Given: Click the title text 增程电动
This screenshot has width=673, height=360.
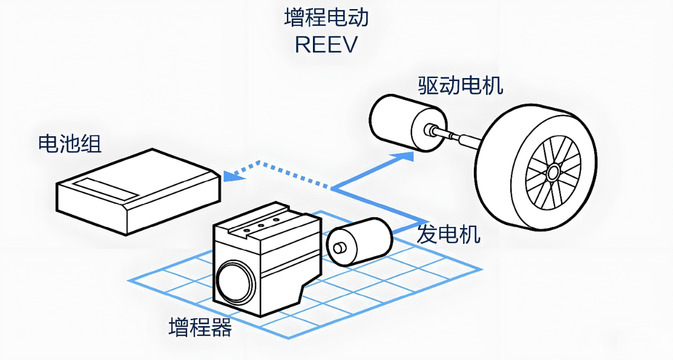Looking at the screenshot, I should pos(326,17).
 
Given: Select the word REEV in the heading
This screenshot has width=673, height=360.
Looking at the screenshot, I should pos(326,45).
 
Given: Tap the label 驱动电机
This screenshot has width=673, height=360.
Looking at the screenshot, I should pos(461,85).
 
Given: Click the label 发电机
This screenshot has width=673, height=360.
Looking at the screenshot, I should pos(448,234).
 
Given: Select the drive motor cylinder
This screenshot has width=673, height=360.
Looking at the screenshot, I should pos(399,124).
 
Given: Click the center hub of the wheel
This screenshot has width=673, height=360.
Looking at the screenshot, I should pos(553,173).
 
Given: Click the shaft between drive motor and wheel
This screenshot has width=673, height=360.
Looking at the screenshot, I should pos(463,139).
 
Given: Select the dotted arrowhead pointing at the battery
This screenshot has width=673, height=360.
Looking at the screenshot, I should pos(231,175).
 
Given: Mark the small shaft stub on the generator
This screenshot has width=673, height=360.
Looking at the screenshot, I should pos(340,247).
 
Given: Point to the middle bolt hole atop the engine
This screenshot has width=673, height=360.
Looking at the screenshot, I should pos(262,224).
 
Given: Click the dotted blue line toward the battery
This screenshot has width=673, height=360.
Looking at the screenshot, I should pos(284,171).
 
